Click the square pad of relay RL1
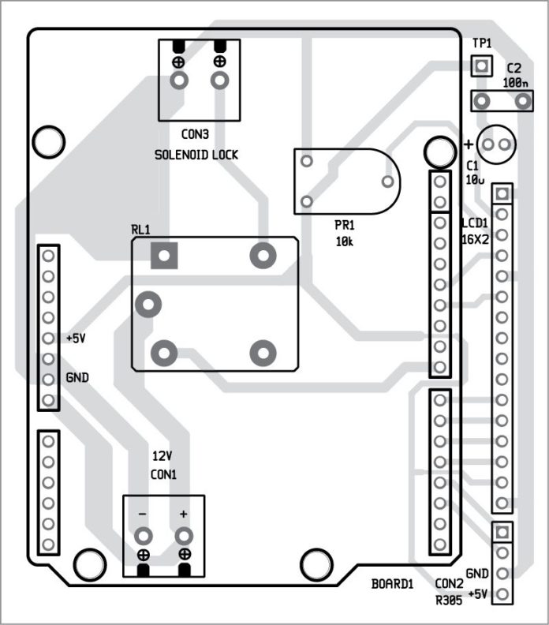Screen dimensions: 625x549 (164, 256)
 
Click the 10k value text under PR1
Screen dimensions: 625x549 (345, 241)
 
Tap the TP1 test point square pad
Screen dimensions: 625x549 (480, 65)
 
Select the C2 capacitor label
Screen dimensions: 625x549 (514, 68)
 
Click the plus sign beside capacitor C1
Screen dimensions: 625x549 (468, 144)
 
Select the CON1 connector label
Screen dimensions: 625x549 (163, 474)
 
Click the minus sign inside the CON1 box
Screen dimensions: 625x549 (143, 514)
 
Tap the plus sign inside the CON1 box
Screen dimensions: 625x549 (184, 514)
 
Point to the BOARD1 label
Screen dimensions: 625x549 (392, 585)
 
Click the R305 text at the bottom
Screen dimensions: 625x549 (449, 600)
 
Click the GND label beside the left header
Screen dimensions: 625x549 (77, 377)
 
